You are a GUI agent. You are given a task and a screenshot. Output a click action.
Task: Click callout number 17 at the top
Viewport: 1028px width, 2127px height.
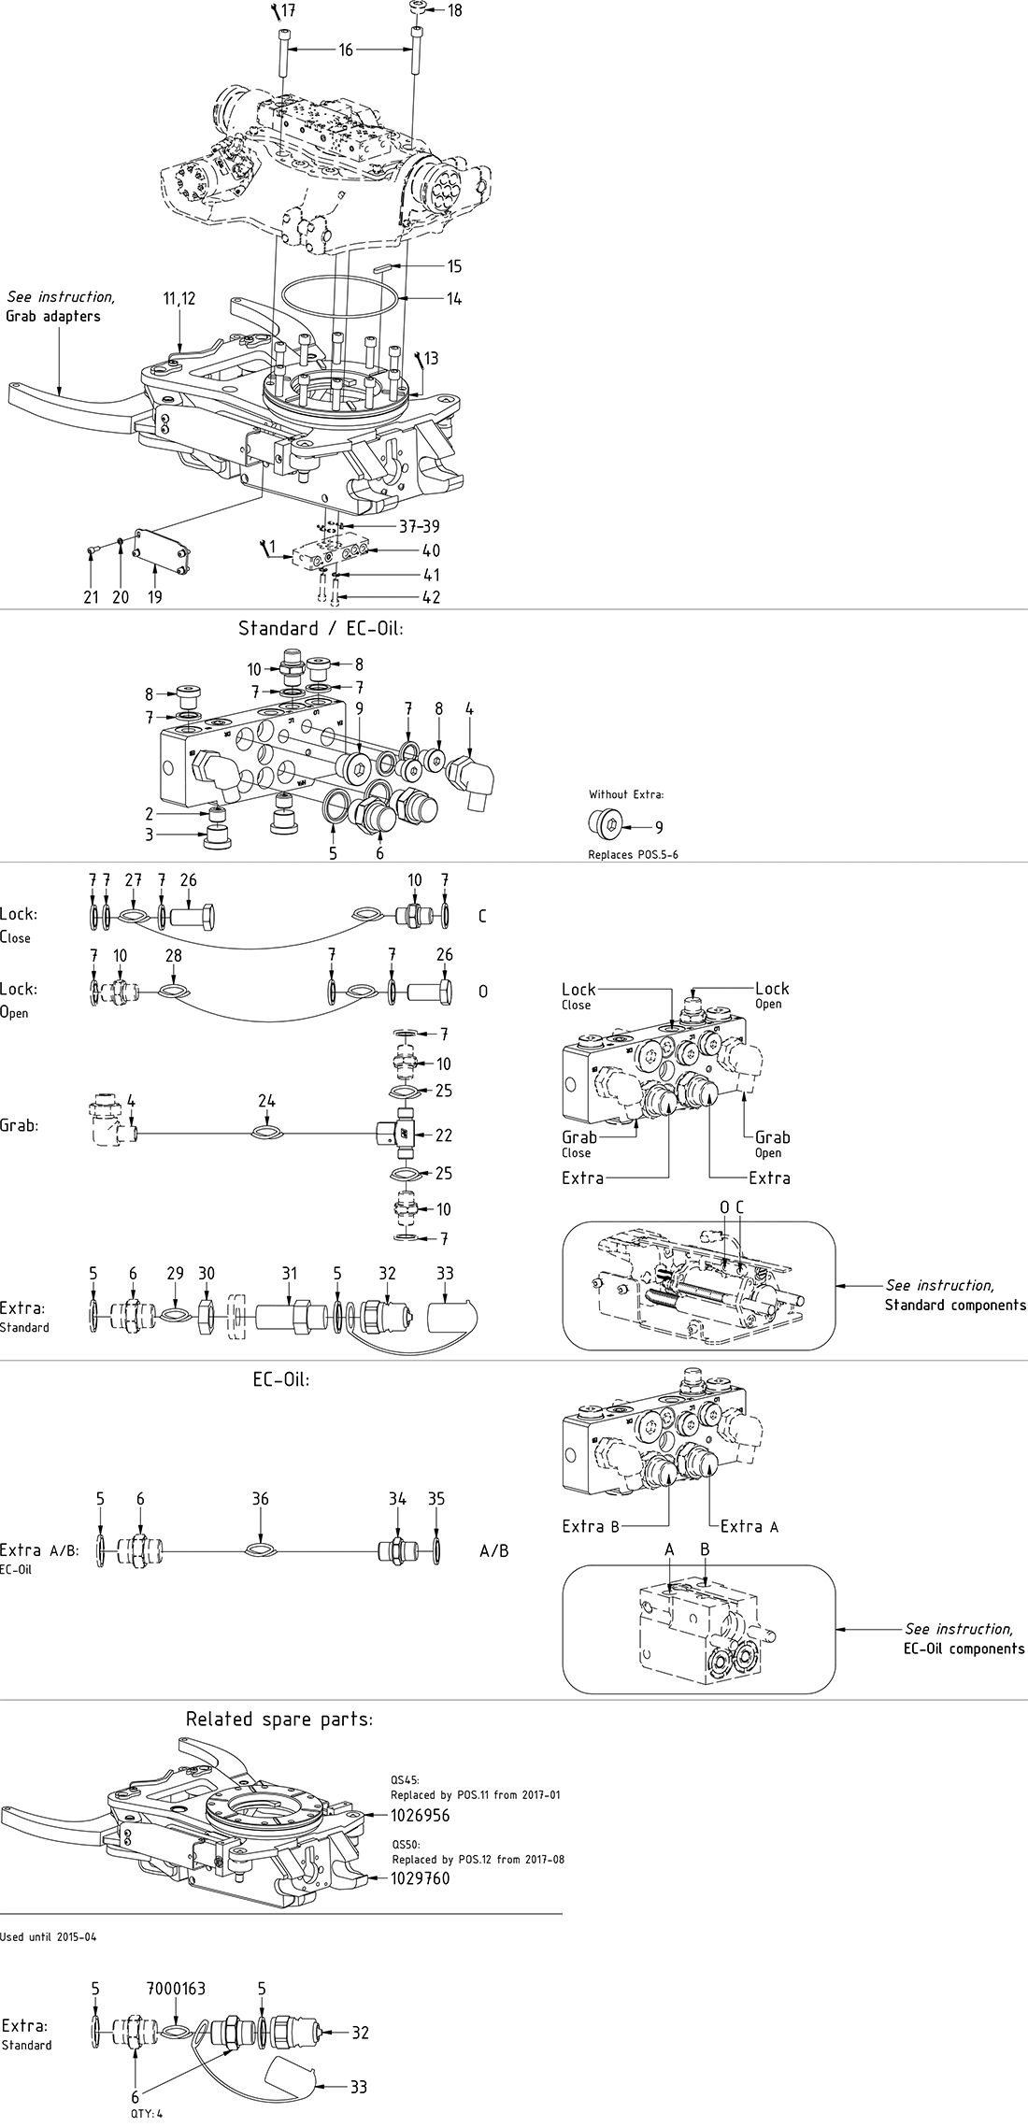[288, 11]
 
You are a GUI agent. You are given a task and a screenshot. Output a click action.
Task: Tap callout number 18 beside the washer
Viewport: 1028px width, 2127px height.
[454, 11]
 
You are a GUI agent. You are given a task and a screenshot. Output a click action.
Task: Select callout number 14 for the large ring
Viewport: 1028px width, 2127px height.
[454, 299]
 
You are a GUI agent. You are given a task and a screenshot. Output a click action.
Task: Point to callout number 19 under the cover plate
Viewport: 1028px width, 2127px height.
[155, 597]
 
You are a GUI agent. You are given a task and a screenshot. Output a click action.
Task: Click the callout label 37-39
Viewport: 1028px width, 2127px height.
[419, 527]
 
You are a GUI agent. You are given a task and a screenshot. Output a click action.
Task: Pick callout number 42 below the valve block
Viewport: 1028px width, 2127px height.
[431, 597]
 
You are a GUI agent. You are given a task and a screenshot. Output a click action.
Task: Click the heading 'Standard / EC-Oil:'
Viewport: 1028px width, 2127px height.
[321, 628]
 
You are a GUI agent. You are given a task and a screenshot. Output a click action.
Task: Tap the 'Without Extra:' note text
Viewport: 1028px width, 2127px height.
[626, 794]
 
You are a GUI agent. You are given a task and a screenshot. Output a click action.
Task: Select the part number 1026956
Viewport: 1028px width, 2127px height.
[420, 1815]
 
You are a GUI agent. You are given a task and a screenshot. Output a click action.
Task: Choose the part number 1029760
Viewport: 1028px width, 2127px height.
[420, 1878]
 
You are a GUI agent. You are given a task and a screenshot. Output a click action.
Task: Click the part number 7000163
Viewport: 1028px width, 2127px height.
[176, 1990]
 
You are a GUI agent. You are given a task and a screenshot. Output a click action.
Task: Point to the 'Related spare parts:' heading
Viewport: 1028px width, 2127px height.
[278, 1720]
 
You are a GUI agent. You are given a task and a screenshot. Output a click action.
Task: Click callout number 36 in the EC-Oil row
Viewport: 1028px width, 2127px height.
[260, 1499]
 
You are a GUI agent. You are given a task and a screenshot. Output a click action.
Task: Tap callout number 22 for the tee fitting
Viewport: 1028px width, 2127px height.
[444, 1135]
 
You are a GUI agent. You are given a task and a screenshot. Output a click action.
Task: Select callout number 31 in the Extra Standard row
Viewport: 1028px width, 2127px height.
[290, 1273]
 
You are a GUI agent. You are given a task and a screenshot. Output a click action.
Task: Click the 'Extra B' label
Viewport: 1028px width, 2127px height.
[591, 1526]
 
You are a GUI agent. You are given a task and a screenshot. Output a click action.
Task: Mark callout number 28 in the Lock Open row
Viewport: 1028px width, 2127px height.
[173, 955]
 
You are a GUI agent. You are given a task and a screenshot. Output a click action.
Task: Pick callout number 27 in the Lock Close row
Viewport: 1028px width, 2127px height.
[134, 880]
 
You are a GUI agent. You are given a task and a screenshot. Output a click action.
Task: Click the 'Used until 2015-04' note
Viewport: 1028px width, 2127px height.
[49, 1937]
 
